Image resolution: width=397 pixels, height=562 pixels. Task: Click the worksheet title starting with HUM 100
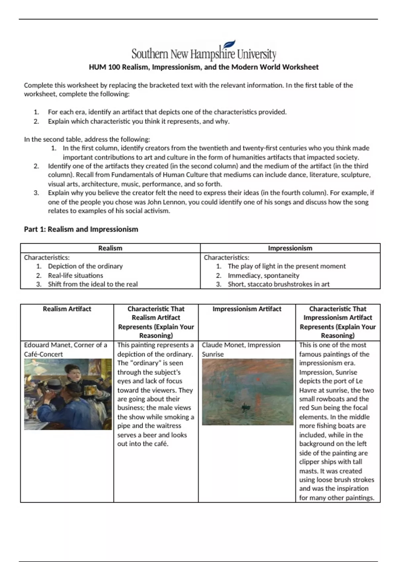tap(203, 67)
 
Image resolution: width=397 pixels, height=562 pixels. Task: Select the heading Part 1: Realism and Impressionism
tap(81, 229)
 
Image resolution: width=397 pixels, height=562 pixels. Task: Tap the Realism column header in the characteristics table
tap(110, 248)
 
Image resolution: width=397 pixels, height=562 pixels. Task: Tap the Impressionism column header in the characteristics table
tap(290, 248)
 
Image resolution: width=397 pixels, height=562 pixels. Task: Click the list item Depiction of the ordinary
tap(85, 266)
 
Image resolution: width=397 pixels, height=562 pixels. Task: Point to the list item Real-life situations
tap(75, 275)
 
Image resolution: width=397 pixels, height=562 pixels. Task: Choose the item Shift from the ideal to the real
tap(93, 284)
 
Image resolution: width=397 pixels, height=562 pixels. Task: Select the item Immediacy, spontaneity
tap(263, 275)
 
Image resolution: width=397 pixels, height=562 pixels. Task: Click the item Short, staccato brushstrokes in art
tap(279, 284)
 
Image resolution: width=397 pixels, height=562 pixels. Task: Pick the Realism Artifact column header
tap(67, 309)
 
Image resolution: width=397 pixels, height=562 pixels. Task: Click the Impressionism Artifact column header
tap(247, 309)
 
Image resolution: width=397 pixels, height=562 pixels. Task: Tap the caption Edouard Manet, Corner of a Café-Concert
tap(66, 349)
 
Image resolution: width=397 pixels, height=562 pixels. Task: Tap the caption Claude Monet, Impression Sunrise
tap(241, 349)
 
